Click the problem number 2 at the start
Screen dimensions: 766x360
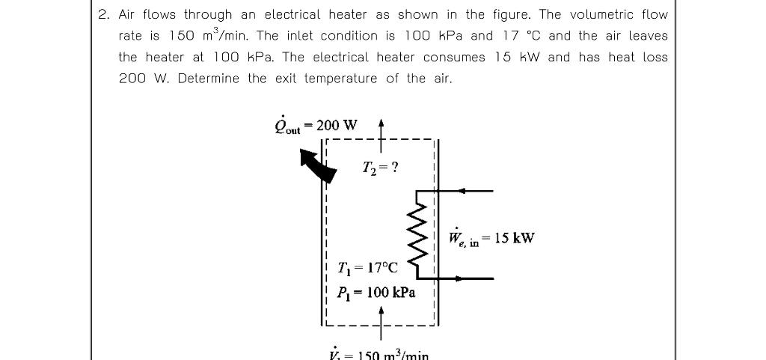coord(102,15)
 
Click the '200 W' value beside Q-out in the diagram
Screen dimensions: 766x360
coord(337,124)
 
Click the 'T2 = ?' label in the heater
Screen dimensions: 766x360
coord(379,167)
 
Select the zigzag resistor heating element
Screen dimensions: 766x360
coord(417,234)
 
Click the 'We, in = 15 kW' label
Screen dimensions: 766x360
coord(491,238)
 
